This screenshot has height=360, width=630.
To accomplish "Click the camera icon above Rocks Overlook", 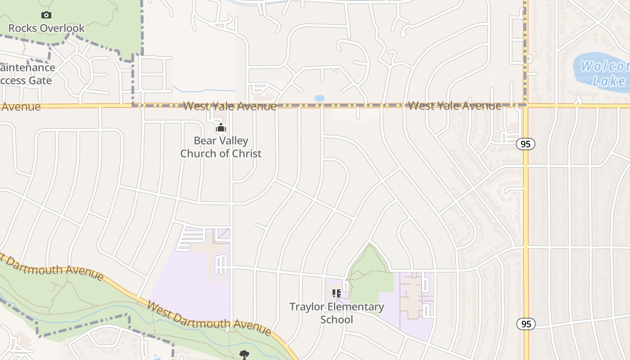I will [46, 15].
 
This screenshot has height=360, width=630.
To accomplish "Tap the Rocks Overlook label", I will [46, 28].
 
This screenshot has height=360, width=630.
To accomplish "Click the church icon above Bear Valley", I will [220, 128].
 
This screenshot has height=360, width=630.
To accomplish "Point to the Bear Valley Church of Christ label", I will [220, 147].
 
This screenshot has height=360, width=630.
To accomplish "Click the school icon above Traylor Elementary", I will [336, 293].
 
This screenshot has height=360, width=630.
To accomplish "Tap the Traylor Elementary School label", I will [337, 313].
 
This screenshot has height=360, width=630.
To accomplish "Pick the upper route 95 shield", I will [525, 144].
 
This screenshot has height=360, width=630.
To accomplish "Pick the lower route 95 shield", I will [525, 324].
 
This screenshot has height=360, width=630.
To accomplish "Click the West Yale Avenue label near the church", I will [229, 106].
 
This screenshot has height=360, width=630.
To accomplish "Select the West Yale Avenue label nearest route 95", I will [454, 106].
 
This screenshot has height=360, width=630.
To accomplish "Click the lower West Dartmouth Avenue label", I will [209, 319].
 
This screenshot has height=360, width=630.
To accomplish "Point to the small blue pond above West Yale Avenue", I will [319, 98].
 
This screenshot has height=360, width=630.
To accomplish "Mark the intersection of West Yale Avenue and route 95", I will [525, 105].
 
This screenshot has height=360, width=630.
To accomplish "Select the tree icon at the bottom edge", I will [244, 355].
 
